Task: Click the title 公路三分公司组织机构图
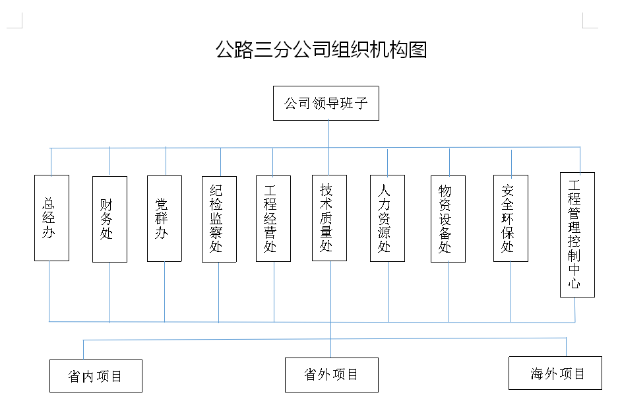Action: tap(321, 49)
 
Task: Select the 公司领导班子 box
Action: tap(326, 104)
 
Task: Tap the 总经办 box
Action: tap(51, 218)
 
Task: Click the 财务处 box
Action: tap(109, 219)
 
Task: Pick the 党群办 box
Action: tap(164, 218)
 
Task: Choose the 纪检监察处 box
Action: tap(219, 219)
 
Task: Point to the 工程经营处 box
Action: tap(273, 218)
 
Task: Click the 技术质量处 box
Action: tap(329, 218)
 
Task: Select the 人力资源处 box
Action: tap(387, 218)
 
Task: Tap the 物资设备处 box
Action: tap(448, 219)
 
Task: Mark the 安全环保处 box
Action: tap(511, 218)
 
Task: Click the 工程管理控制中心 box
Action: tap(577, 234)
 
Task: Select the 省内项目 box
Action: tap(96, 376)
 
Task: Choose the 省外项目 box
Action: tap(331, 375)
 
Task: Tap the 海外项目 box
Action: tap(555, 373)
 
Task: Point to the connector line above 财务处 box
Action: tap(109, 162)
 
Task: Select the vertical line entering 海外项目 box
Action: tap(566, 348)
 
